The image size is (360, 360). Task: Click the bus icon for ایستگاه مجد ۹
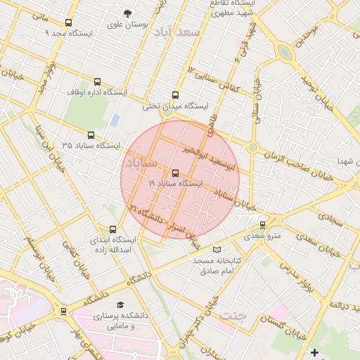[x=68, y=23]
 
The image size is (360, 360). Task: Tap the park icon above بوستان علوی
[x=127, y=13]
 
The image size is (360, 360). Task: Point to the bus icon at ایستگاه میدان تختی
[x=175, y=95]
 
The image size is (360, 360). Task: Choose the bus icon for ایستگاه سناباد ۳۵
[x=91, y=135]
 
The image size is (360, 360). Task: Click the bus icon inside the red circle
[x=175, y=173]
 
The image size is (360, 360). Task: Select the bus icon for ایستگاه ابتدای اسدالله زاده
[x=113, y=229]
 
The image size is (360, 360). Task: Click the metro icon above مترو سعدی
[x=263, y=226]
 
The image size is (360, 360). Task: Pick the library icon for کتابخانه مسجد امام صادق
[x=217, y=250]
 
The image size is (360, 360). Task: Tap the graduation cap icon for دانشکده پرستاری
[x=120, y=305]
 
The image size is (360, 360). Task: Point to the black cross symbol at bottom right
[x=314, y=352]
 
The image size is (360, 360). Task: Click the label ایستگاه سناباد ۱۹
[x=175, y=183]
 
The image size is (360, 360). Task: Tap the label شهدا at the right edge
[x=349, y=161]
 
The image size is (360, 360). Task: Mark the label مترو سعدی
[x=263, y=236]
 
